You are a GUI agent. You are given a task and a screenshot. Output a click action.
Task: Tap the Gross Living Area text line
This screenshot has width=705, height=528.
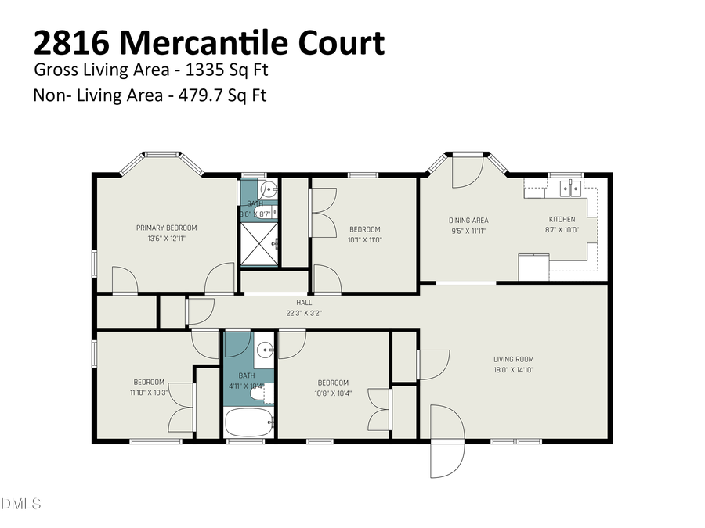pos(151,70)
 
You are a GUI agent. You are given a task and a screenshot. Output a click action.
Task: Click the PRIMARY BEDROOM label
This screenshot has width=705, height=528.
pos(165,228)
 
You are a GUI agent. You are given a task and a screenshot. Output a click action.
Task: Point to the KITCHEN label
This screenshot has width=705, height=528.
pos(562,220)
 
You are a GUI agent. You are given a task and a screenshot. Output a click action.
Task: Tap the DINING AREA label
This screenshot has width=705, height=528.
pos(468,220)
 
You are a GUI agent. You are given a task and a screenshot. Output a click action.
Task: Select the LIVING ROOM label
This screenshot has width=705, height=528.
pos(513,360)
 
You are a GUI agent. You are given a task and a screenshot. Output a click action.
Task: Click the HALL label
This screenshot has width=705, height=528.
pos(304,302)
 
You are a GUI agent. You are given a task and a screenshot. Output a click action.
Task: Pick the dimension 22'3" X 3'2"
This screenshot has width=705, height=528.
pos(304,312)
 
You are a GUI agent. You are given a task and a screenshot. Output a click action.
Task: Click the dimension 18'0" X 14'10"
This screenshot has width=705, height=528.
pos(513,371)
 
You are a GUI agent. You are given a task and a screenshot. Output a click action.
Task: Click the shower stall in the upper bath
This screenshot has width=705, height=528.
pos(259,243)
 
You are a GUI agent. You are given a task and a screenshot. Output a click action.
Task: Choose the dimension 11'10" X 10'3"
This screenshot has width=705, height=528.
pos(149,393)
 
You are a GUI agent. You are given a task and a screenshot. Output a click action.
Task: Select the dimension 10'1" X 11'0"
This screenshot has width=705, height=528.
pos(364,240)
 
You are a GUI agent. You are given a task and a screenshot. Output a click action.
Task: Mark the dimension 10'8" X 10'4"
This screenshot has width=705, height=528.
pos(334,393)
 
